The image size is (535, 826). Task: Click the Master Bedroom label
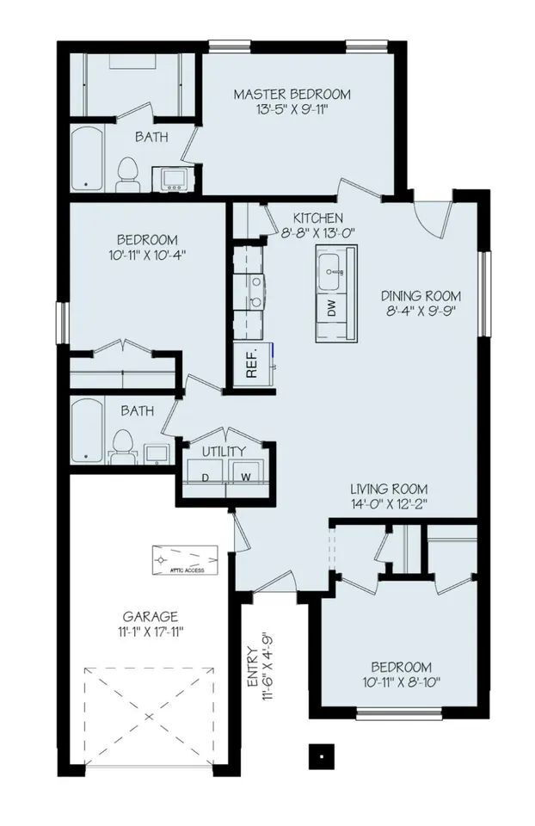point(292,94)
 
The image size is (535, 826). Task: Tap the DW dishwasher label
point(331,309)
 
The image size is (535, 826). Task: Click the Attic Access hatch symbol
point(185,559)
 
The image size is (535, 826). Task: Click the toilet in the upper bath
point(127,174)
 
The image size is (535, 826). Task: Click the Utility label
point(224,451)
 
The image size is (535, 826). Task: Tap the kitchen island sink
point(331,274)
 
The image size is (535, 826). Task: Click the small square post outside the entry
point(320,755)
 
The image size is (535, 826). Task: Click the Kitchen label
point(317,218)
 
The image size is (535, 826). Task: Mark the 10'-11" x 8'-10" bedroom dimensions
point(401,682)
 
